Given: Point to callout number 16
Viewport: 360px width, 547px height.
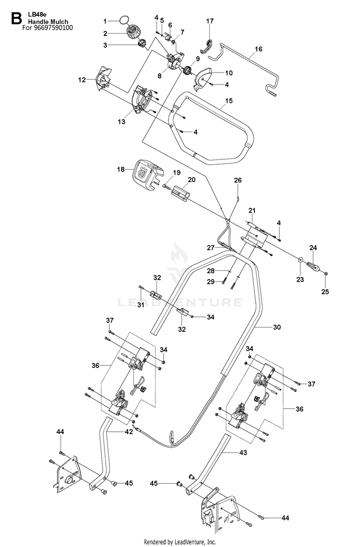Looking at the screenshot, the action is point(259,49).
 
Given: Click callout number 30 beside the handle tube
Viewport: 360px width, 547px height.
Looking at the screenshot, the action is point(276,327).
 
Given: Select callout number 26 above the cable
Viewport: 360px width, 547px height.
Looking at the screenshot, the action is point(238,181).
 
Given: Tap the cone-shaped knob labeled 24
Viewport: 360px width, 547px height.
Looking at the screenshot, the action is point(314,268).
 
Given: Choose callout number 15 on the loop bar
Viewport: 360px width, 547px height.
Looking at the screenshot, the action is point(228,101).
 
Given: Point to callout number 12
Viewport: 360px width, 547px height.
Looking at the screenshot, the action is point(82,80).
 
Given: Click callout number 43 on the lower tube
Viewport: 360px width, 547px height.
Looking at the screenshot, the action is point(243,452).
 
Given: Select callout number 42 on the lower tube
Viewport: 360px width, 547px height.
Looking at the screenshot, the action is point(129,432).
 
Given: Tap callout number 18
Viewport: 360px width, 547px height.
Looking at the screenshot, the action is point(120,169).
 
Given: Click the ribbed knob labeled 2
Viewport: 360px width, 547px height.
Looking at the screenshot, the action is point(133,33).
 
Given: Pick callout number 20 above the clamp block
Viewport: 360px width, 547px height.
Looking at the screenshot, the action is point(192,180).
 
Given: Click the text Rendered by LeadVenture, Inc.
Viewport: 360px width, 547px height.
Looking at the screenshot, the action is point(180,542).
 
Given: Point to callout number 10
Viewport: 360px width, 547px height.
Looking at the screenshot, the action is point(229,73).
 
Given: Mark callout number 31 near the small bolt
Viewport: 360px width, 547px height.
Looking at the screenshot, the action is point(141,304).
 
